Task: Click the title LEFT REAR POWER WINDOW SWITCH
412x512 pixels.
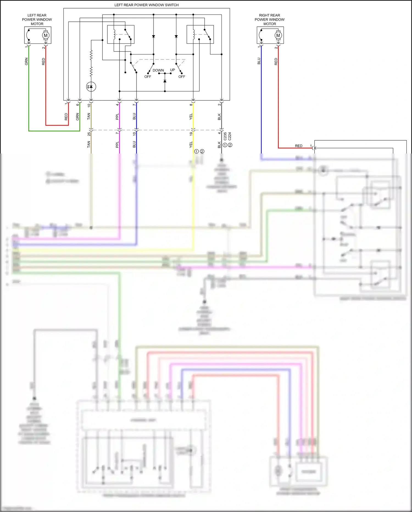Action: point(146,5)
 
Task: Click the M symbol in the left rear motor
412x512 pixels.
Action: point(46,35)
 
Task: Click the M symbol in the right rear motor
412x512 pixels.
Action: point(278,35)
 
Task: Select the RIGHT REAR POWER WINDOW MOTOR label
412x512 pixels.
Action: point(269,20)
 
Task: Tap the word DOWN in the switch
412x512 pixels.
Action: point(158,70)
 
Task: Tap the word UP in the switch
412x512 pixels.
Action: point(172,70)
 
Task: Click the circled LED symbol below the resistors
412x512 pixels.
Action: point(91,87)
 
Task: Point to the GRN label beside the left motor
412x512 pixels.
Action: point(26,61)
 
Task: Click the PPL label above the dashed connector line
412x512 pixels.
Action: point(117,116)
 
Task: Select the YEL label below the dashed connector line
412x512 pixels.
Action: point(191,144)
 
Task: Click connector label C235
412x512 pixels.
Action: point(225,136)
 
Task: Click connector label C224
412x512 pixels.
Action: point(230,136)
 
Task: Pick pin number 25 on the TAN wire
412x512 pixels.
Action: point(89,134)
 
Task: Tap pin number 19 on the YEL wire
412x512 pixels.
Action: point(191,134)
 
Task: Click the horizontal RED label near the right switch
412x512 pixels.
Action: point(299,146)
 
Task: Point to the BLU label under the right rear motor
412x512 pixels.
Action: point(259,61)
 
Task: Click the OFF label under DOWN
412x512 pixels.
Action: point(148,77)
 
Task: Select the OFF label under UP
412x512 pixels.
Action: point(182,77)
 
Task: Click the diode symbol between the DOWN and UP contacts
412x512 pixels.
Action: point(165,81)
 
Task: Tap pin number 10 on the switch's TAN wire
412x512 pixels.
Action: point(89,105)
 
